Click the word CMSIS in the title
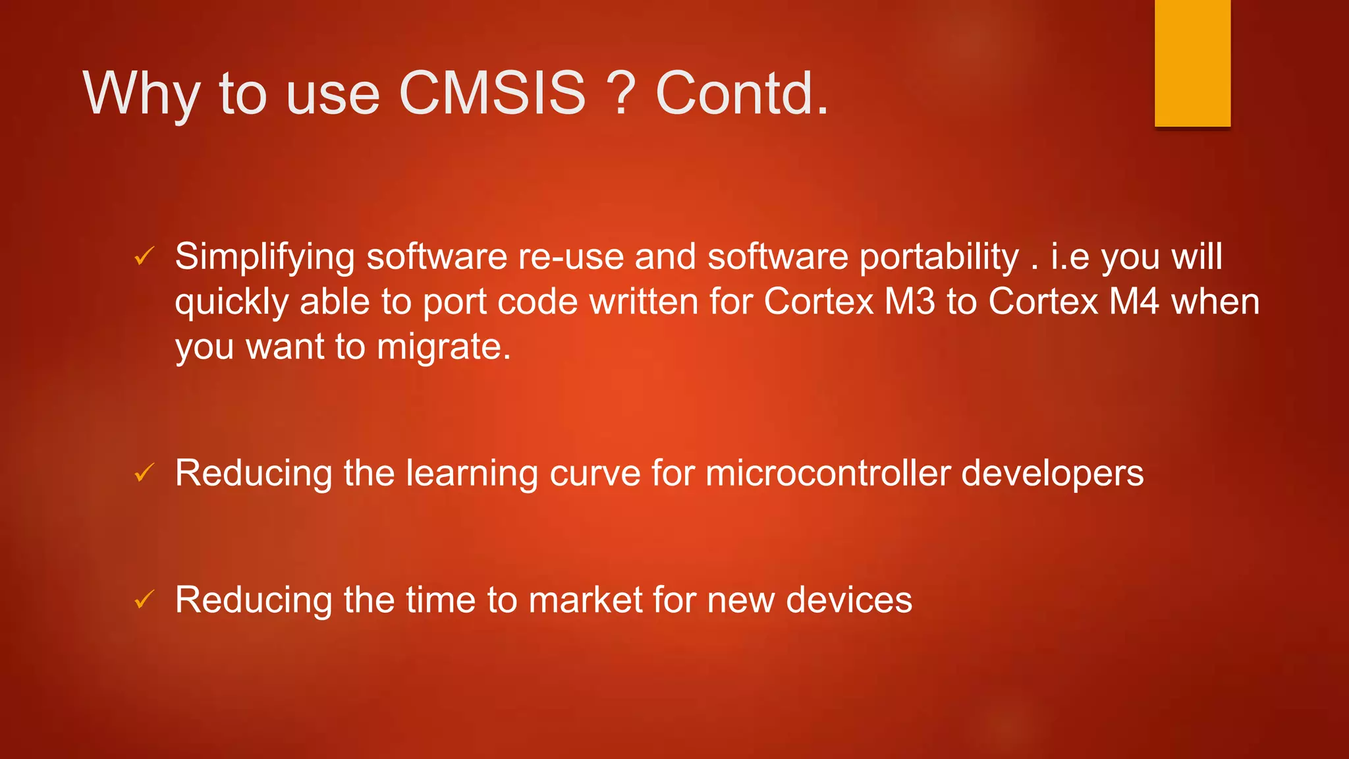492,93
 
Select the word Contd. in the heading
742,93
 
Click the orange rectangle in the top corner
1192,63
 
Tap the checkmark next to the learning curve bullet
144,472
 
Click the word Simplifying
265,257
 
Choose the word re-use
570,257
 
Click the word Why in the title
141,94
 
